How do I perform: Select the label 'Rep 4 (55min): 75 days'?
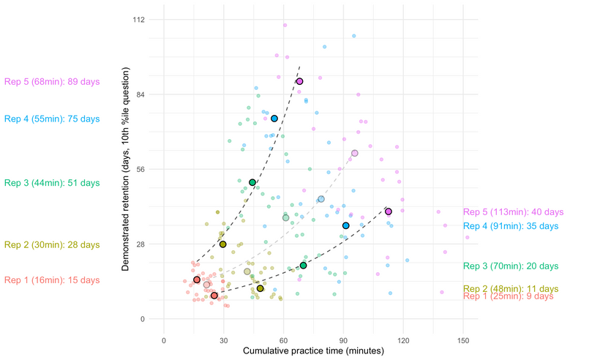(52, 119)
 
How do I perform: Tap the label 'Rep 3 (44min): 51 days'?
(52, 182)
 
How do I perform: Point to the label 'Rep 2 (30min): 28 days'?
(52, 244)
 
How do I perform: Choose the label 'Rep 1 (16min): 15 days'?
(52, 280)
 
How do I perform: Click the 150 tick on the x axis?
(463, 340)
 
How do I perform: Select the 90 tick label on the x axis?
(343, 340)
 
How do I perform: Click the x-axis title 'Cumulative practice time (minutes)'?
(313, 352)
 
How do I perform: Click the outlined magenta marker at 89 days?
(299, 81)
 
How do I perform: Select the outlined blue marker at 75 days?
(274, 119)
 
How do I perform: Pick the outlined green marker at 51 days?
(252, 182)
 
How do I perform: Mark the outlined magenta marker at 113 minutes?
(389, 211)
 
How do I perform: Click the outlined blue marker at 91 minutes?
(345, 225)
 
